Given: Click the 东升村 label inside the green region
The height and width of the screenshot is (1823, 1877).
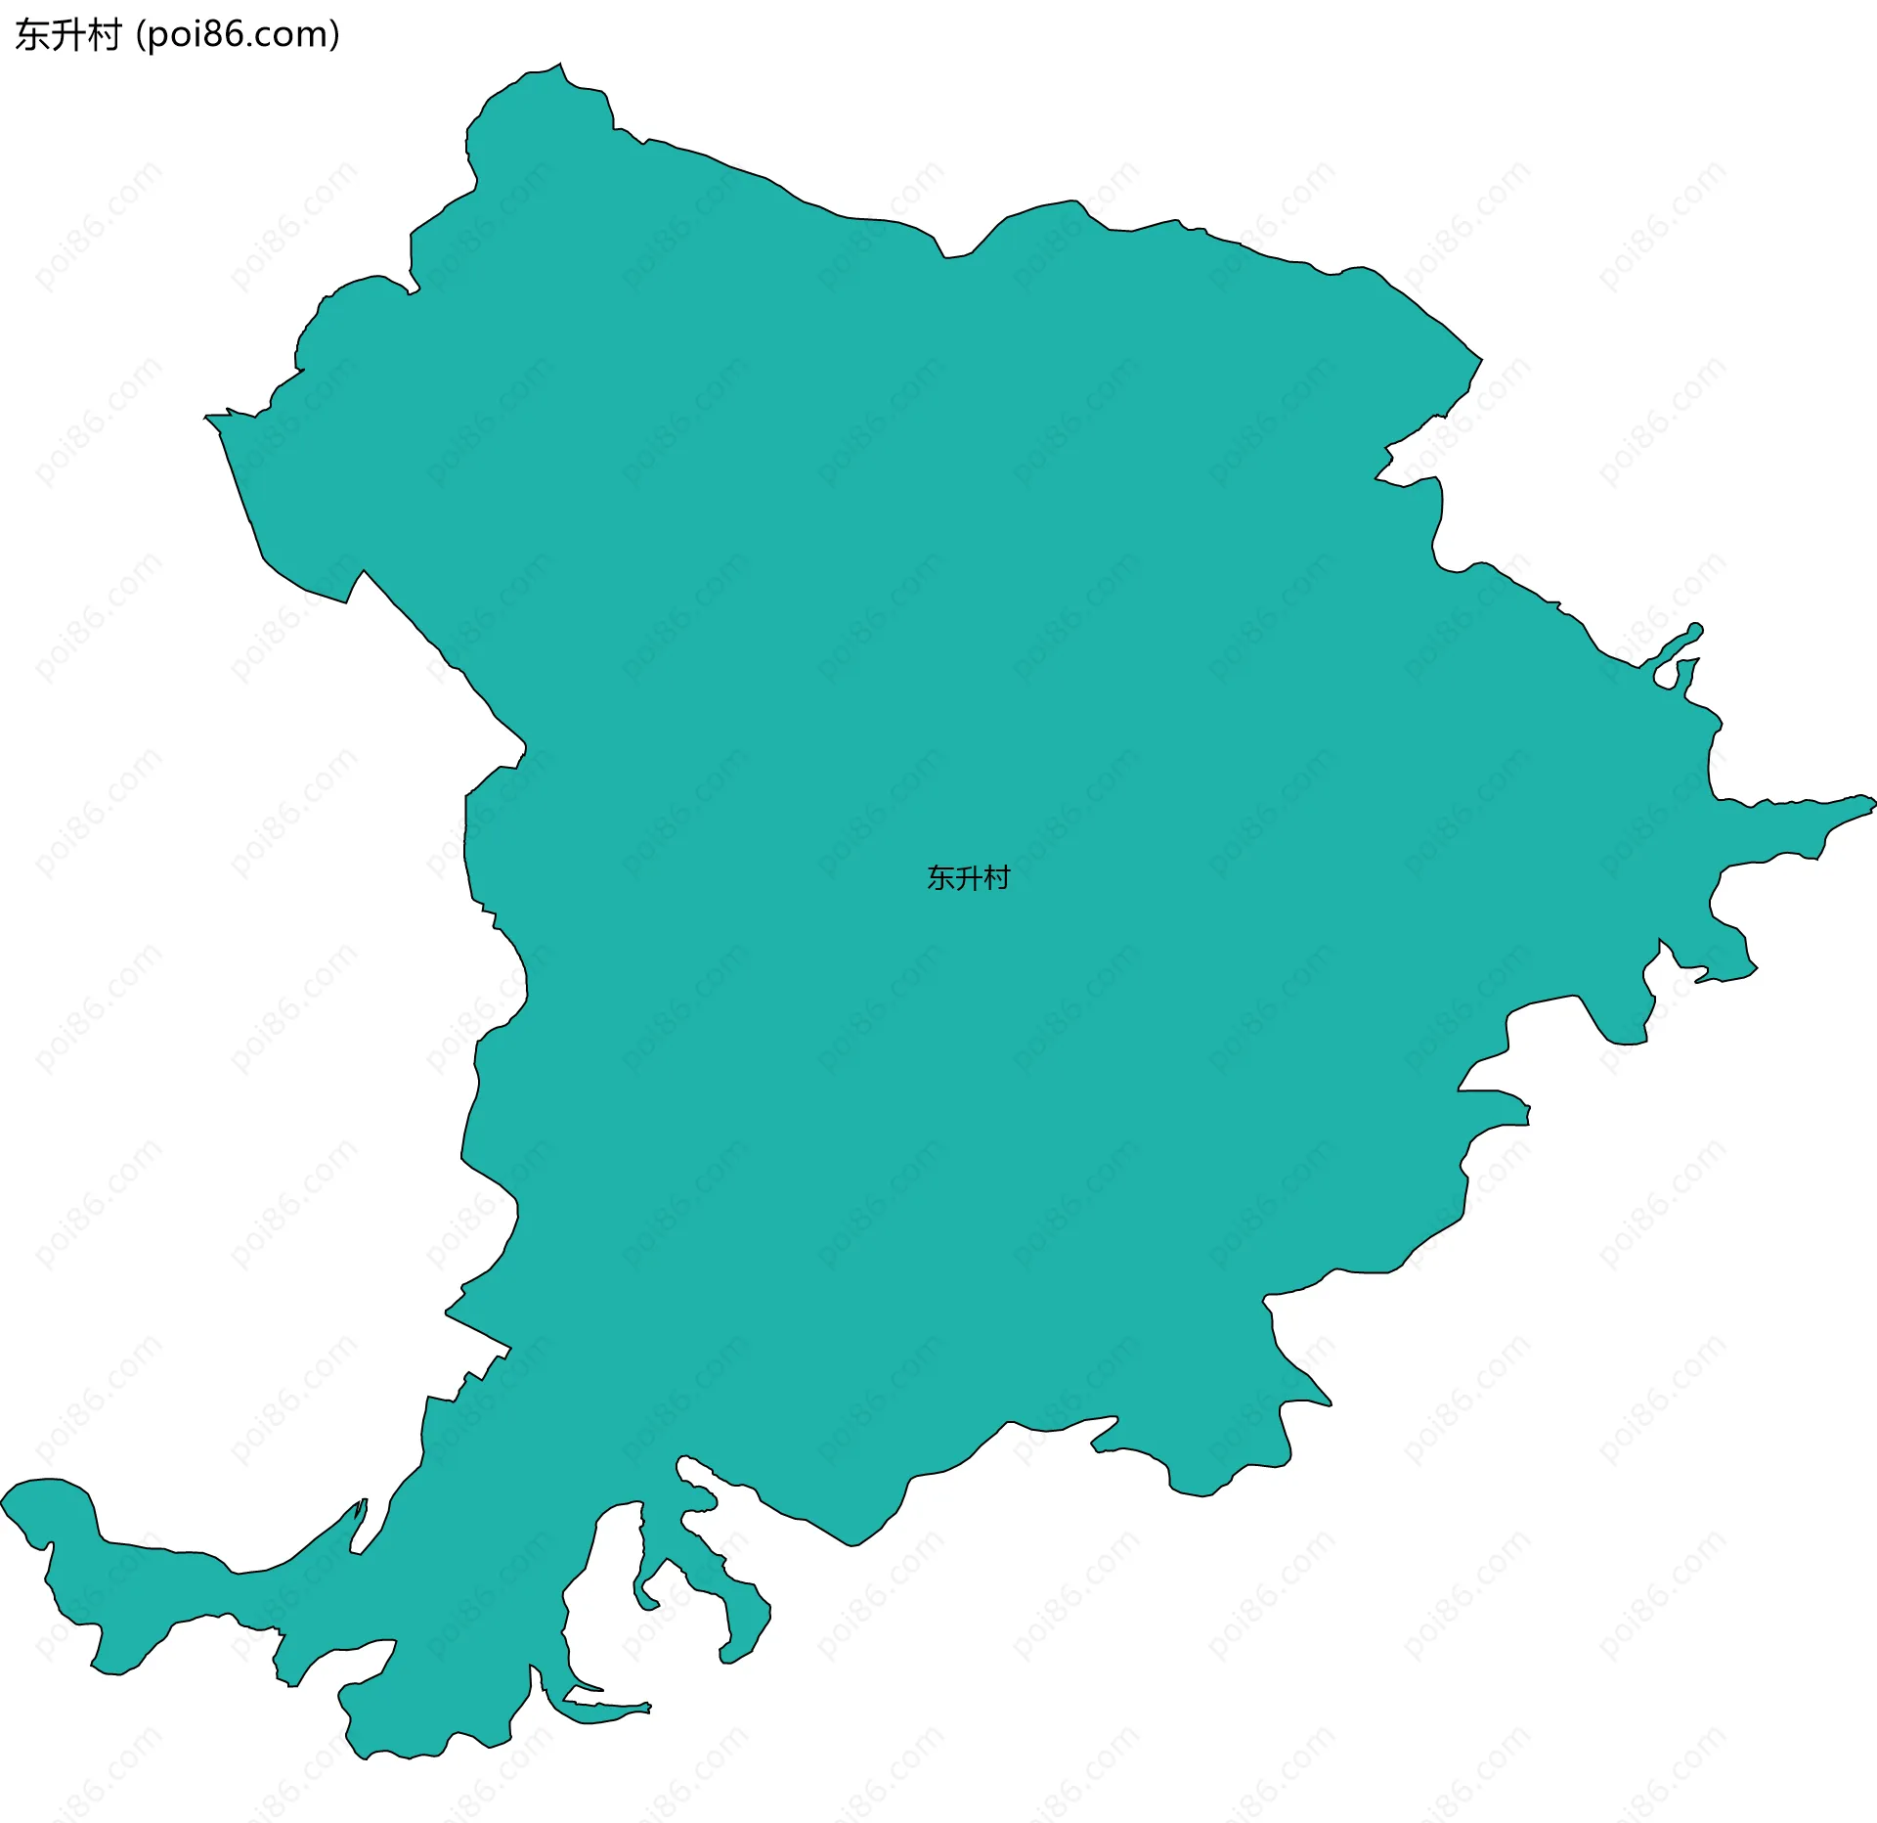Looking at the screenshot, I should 968,878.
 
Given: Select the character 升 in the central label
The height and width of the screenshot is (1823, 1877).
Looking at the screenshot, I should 968,878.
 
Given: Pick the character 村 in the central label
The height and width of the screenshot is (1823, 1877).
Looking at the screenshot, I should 996,878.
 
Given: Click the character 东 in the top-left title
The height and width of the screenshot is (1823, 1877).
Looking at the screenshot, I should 32,35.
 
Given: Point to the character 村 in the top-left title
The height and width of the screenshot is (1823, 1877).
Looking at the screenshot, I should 104,35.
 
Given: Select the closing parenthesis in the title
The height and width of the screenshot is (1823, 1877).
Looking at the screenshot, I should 335,35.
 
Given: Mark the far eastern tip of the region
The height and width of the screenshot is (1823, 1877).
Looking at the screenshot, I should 1872,803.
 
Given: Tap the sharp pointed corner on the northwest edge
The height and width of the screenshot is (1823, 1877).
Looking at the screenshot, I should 207,418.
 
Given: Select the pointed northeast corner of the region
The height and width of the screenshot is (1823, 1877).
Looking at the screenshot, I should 1479,359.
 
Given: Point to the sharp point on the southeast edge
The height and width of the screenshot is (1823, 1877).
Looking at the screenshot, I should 1329,1404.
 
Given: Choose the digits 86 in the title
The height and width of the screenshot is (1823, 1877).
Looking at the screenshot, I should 229,35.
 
